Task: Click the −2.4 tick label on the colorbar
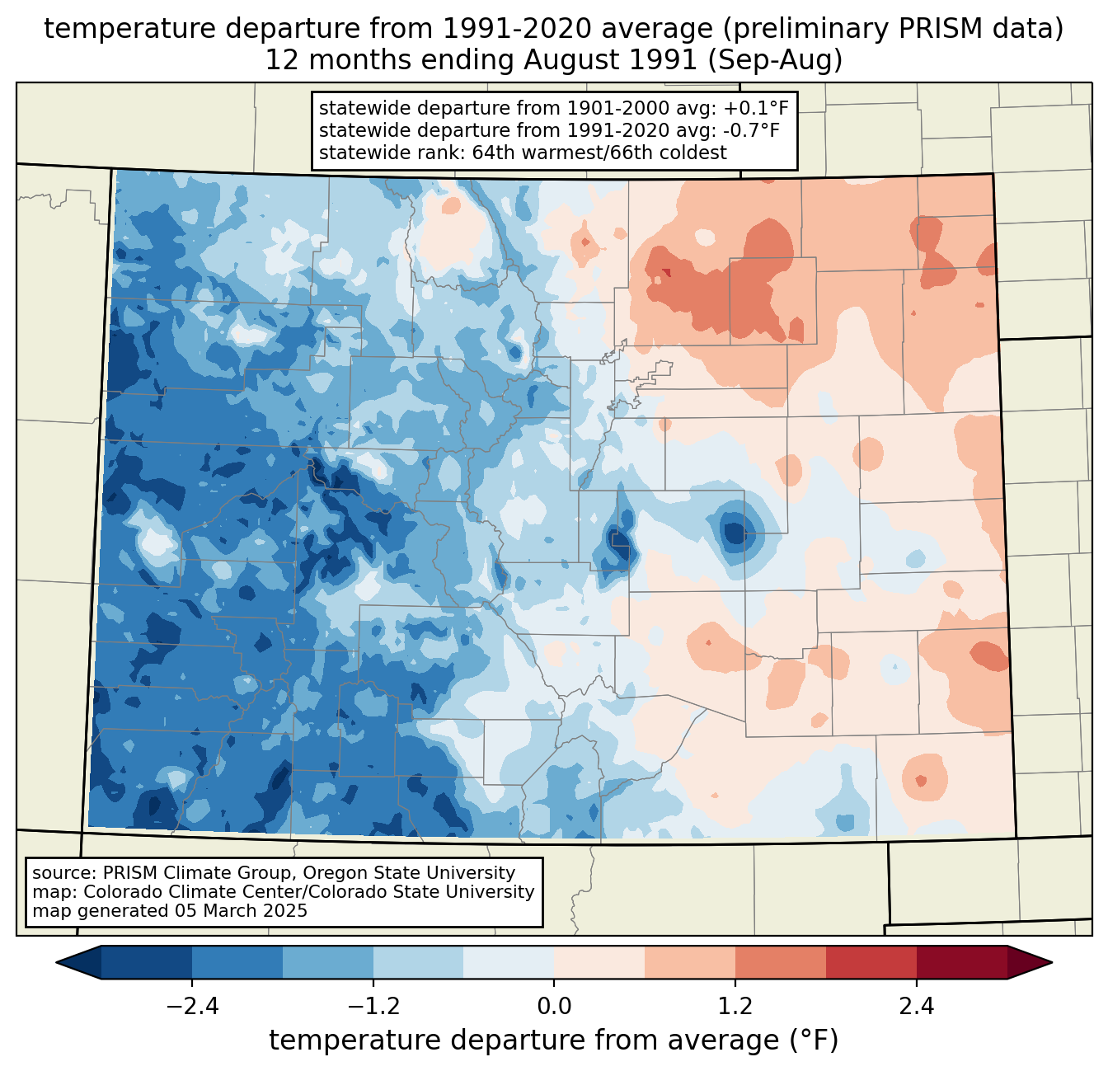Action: point(192,1007)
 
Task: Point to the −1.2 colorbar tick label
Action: point(373,1007)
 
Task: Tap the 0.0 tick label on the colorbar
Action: point(554,1007)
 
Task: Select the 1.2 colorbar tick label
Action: point(735,1007)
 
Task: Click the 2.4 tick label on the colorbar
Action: point(917,1007)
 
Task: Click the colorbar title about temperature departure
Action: point(554,1040)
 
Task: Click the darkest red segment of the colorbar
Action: point(961,962)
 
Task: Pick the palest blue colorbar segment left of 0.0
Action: point(509,962)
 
